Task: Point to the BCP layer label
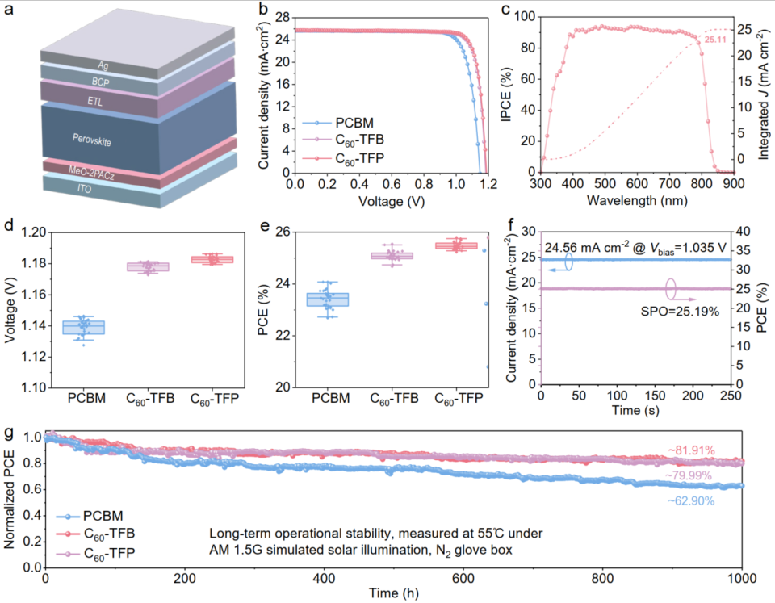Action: point(101,81)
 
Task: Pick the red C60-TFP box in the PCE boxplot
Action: point(457,245)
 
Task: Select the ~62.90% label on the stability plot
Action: point(690,500)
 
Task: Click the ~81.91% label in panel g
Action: point(690,450)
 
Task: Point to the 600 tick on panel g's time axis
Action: point(463,580)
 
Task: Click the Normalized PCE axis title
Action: point(11,501)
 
